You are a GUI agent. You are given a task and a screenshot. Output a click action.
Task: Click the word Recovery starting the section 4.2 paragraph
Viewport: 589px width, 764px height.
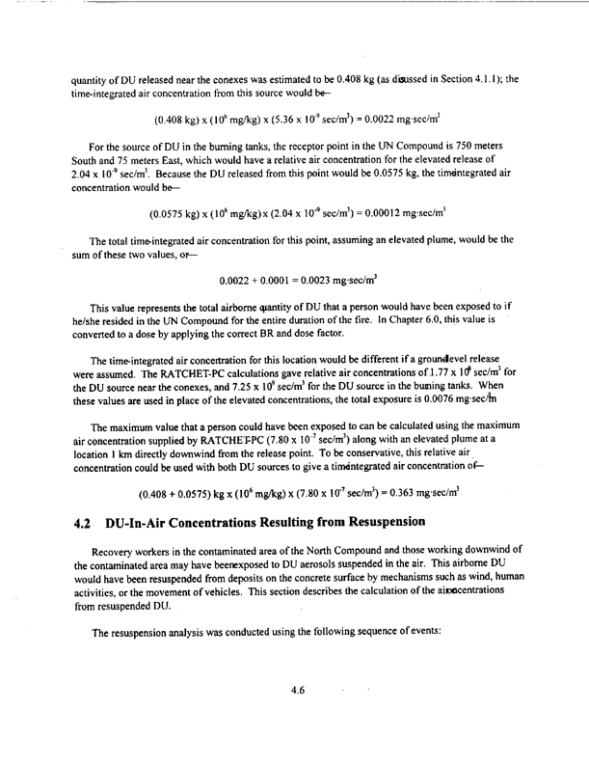(x=103, y=556)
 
